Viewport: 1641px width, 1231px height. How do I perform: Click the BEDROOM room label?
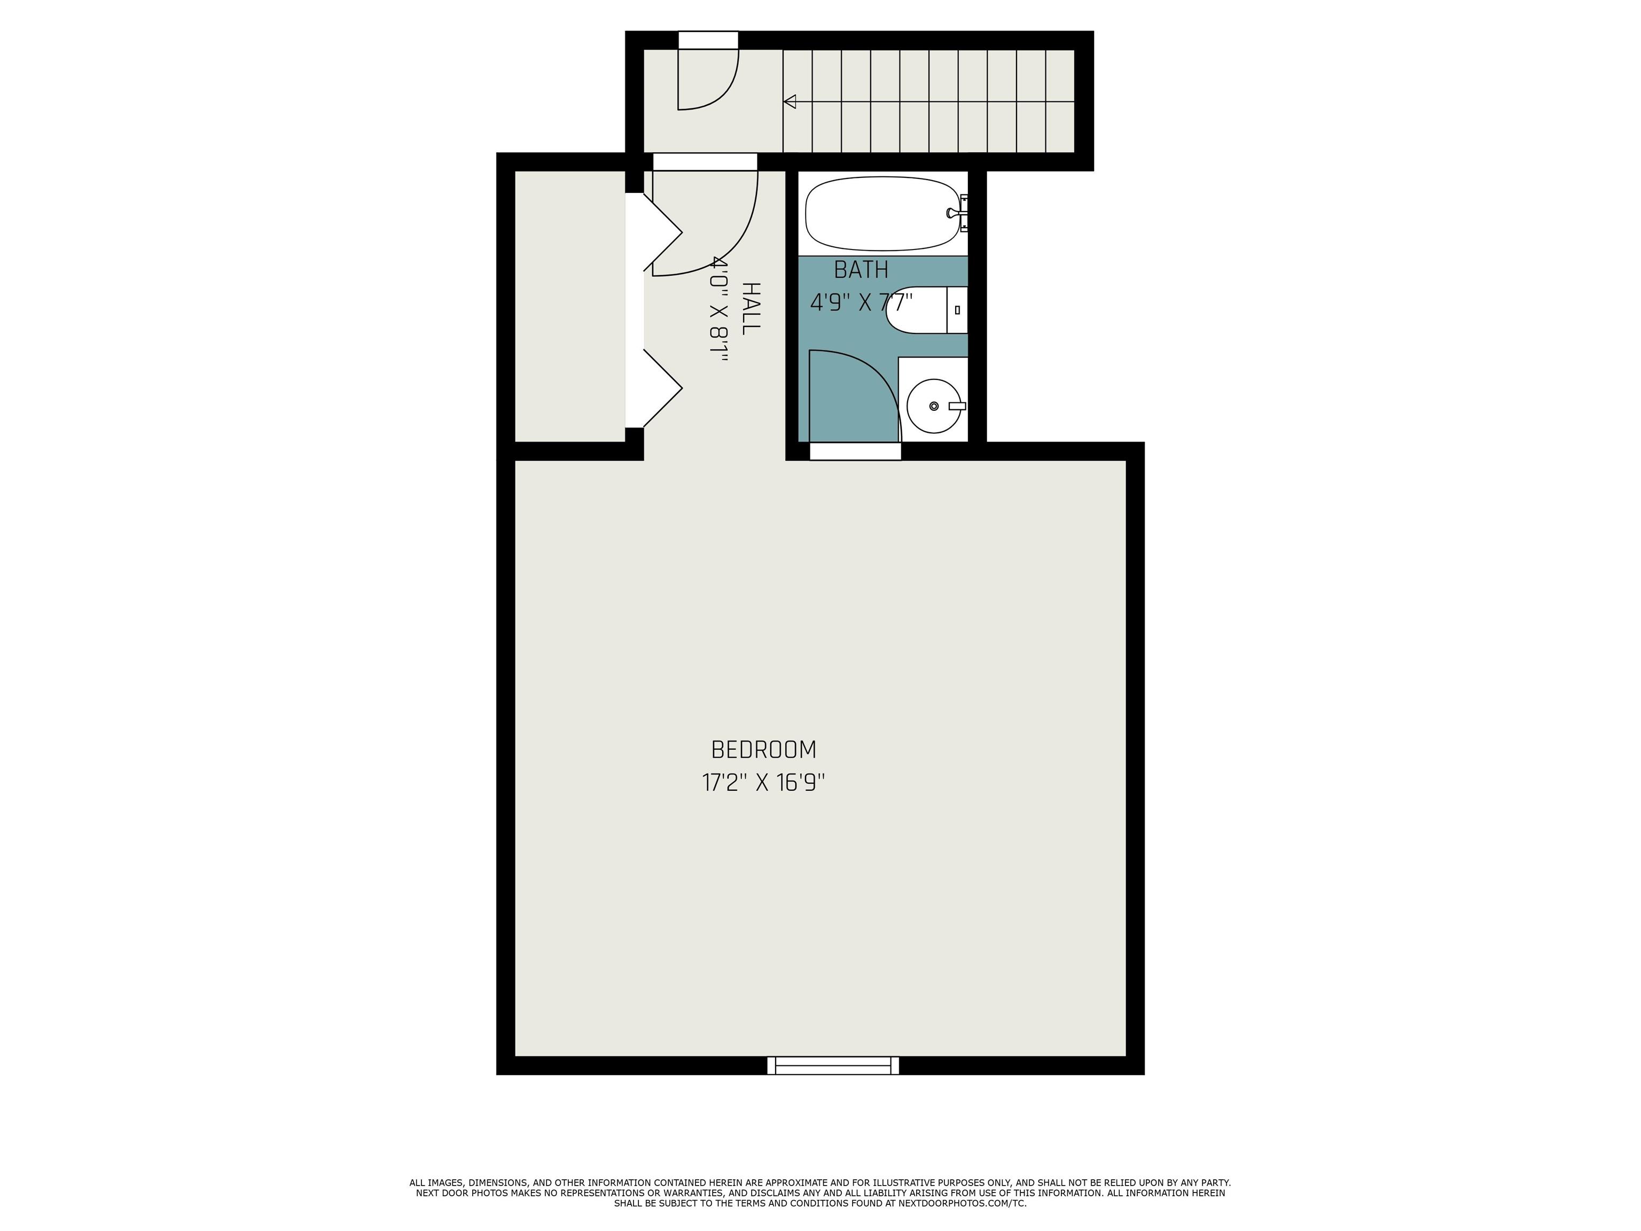pyautogui.click(x=763, y=750)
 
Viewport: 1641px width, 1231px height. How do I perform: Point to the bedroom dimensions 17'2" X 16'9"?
pyautogui.click(x=763, y=783)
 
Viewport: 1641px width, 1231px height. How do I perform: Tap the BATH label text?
pyautogui.click(x=861, y=269)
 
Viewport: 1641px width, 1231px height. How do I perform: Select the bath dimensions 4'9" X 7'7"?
pyautogui.click(x=861, y=302)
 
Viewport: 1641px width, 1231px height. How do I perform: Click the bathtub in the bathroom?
pyautogui.click(x=884, y=214)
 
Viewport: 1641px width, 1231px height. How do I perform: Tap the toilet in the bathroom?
pyautogui.click(x=927, y=309)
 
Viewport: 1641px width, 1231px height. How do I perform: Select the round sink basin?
pyautogui.click(x=934, y=406)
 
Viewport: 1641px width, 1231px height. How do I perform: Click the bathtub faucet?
pyautogui.click(x=956, y=213)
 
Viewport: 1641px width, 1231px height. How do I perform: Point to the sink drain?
pyautogui.click(x=934, y=406)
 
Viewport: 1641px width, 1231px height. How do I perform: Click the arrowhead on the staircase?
pyautogui.click(x=790, y=102)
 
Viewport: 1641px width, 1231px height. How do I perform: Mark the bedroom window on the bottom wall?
pyautogui.click(x=833, y=1065)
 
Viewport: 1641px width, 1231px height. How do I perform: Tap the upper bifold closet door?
pyautogui.click(x=662, y=232)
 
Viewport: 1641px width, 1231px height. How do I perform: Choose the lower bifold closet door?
pyautogui.click(x=662, y=388)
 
